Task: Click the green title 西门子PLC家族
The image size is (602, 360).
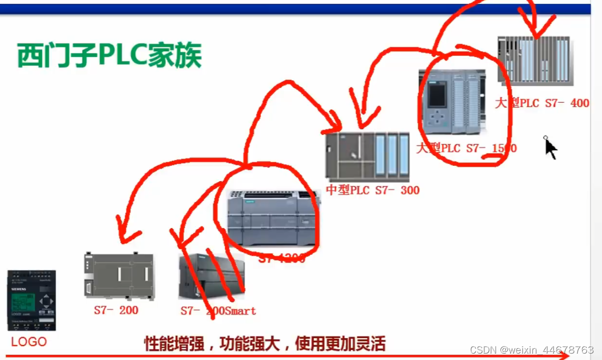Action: point(109,56)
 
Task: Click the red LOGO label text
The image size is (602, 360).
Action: point(29,341)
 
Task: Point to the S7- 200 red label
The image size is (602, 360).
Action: point(116,310)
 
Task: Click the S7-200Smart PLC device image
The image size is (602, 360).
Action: point(211,277)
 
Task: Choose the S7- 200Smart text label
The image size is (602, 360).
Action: point(218,311)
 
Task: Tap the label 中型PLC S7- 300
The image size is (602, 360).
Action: point(373,190)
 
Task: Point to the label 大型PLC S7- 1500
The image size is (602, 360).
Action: point(467,148)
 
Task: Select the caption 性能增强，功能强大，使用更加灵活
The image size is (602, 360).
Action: point(265,343)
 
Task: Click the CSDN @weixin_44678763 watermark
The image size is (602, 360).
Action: point(531,350)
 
